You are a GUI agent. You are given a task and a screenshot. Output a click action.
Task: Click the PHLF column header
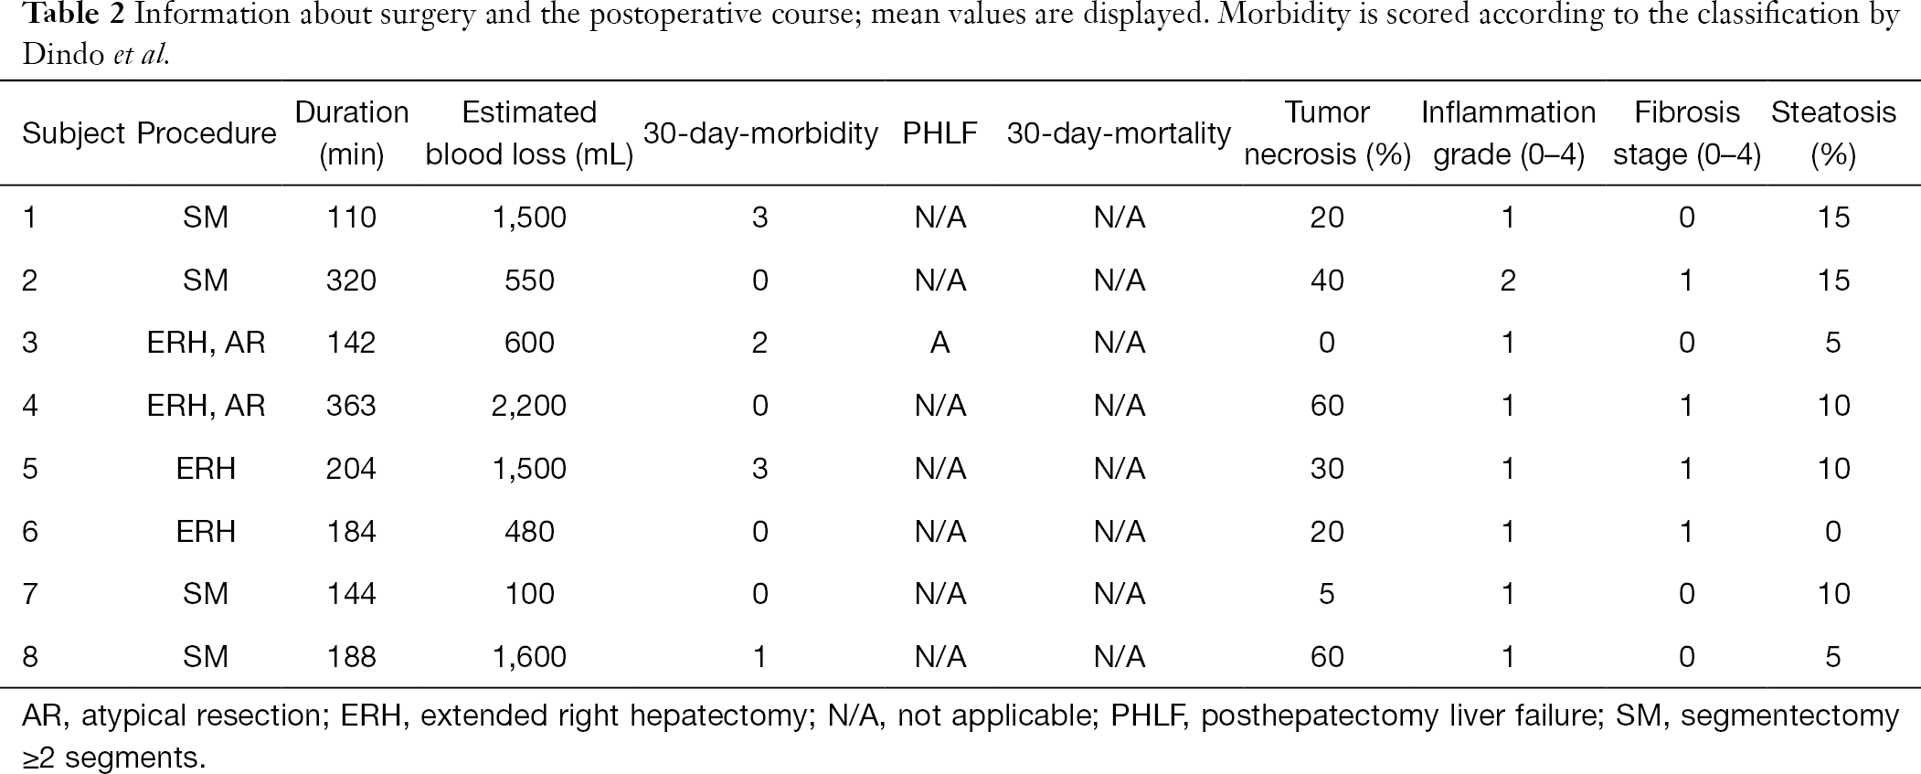pos(939,133)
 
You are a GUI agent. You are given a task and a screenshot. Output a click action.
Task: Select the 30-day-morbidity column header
pos(760,133)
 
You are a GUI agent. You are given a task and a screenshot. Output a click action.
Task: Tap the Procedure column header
pos(206,133)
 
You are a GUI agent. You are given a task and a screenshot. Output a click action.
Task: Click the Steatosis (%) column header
pos(1833,133)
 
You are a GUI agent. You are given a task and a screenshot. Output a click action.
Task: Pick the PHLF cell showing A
pos(939,343)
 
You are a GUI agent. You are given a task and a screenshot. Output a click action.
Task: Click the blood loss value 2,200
pos(529,406)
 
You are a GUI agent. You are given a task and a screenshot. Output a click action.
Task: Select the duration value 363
pos(351,406)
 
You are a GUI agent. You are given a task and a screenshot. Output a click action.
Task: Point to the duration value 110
pos(351,217)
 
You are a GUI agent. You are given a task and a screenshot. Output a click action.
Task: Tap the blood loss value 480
pos(529,531)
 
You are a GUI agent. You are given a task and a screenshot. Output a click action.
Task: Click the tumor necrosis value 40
pos(1327,280)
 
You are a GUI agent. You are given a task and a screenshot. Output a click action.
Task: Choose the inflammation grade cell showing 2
pos(1508,280)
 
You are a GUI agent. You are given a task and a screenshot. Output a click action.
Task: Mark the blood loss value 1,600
pos(529,657)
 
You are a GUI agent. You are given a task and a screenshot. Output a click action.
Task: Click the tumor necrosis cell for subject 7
pos(1327,594)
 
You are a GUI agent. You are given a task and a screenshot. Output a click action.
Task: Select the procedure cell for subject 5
pos(206,469)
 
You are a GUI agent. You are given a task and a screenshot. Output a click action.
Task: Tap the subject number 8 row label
pos(30,657)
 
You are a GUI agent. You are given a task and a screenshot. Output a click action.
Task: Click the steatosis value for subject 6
pos(1833,531)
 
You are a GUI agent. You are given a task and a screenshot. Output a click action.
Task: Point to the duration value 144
pos(351,594)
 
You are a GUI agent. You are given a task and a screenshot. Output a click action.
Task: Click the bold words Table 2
pos(73,16)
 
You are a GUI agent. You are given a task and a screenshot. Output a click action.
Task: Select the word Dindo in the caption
pos(64,55)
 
